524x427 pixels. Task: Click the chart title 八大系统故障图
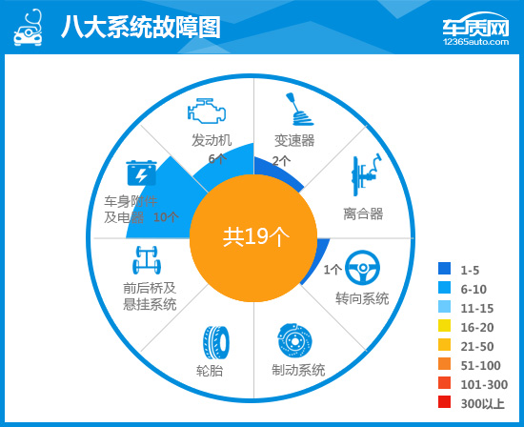click(x=140, y=28)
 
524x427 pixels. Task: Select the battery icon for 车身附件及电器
click(x=141, y=174)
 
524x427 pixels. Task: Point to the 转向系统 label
click(x=362, y=298)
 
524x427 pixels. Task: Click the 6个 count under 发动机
click(x=217, y=158)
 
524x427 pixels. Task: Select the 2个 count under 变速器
click(x=281, y=160)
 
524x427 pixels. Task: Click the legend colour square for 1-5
click(x=444, y=270)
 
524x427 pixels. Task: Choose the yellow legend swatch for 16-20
click(x=444, y=327)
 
